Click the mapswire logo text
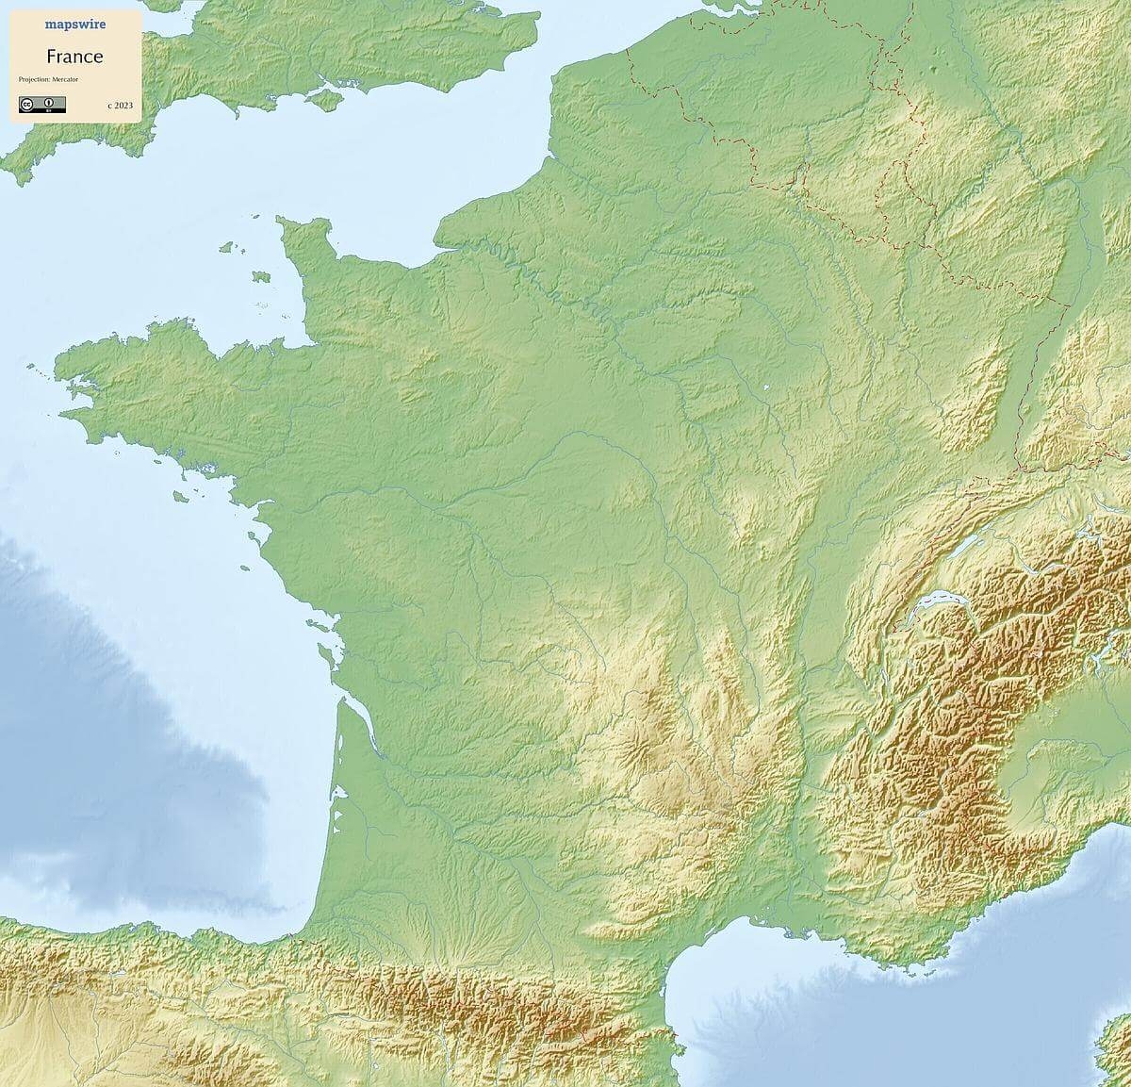pyautogui.click(x=75, y=25)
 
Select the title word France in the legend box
pyautogui.click(x=74, y=56)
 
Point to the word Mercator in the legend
pyautogui.click(x=66, y=79)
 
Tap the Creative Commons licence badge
pyautogui.click(x=41, y=104)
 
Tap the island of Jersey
pyautogui.click(x=261, y=277)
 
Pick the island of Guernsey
pyautogui.click(x=226, y=248)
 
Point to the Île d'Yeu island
pyautogui.click(x=244, y=568)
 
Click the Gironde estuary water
pyautogui.click(x=363, y=726)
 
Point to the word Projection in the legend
pyautogui.click(x=33, y=79)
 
